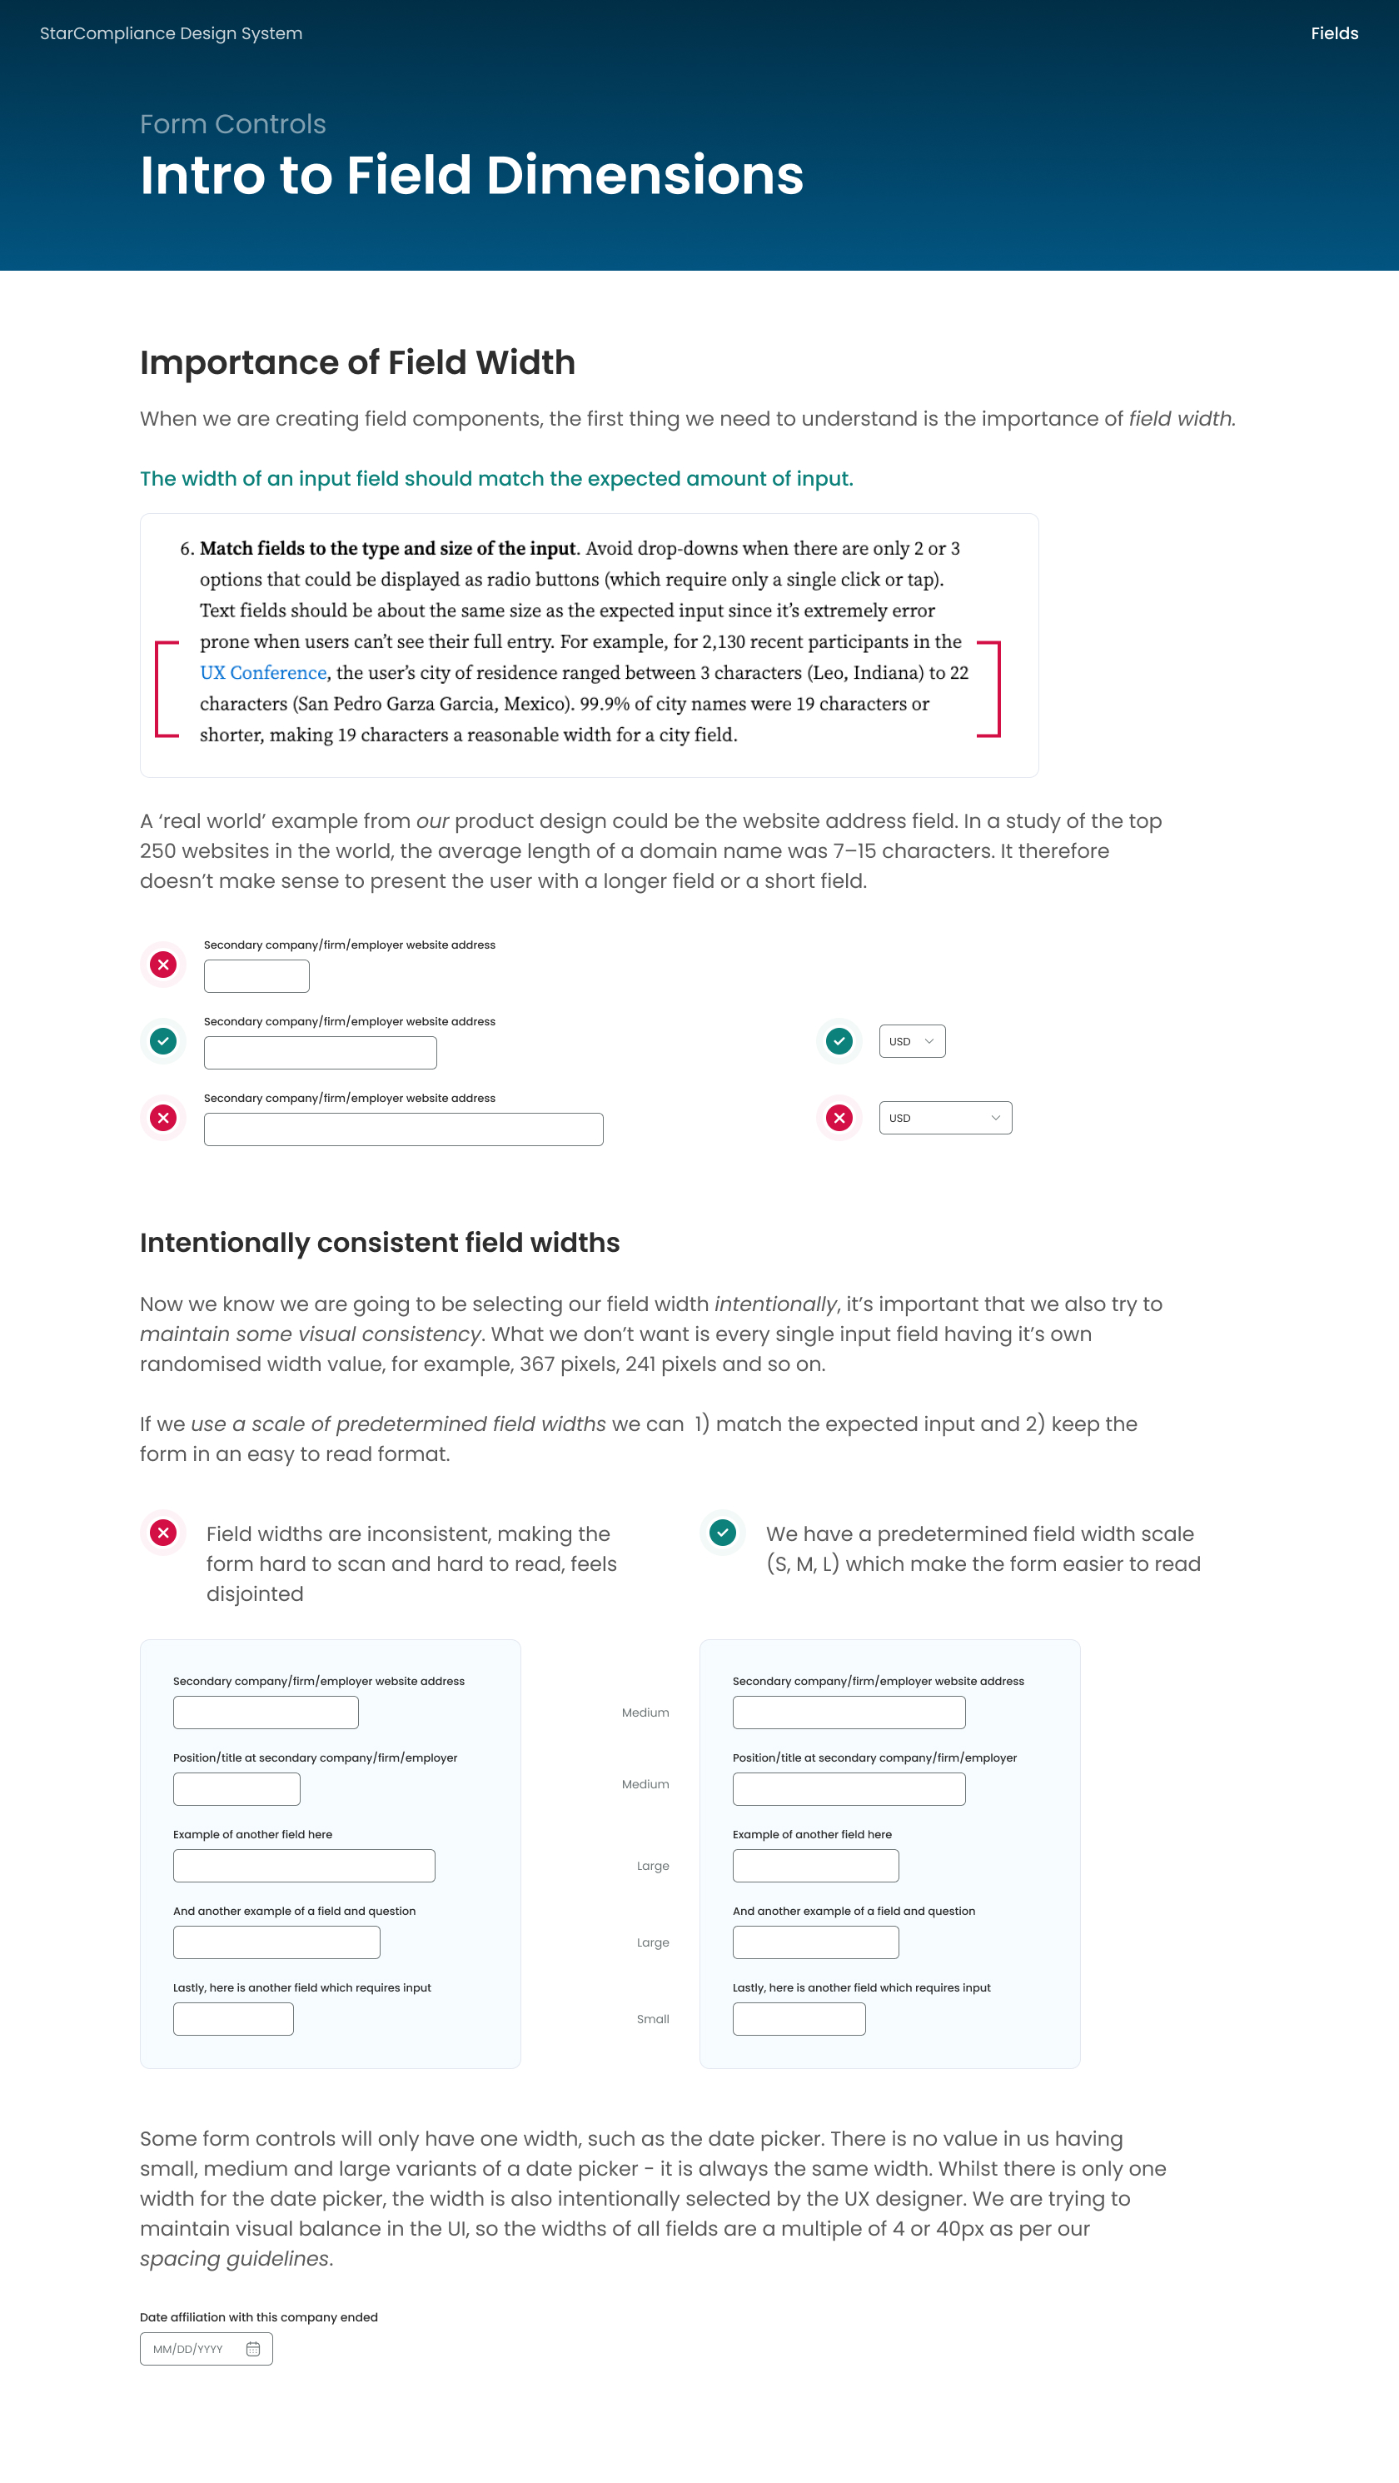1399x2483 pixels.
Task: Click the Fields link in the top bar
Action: (x=1333, y=34)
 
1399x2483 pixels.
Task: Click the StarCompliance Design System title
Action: (x=171, y=34)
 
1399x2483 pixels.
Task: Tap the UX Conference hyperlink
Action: (x=263, y=673)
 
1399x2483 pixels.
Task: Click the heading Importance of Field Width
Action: (x=356, y=362)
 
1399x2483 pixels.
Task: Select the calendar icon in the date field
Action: (x=253, y=2349)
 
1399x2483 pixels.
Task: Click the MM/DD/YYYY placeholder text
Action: (x=188, y=2350)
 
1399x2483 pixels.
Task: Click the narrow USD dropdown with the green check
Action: (x=912, y=1041)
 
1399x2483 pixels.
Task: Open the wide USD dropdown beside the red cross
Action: (x=944, y=1118)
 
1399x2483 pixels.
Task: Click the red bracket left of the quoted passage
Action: (x=161, y=689)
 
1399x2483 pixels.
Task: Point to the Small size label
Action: (x=652, y=2019)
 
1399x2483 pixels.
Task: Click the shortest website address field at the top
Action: (x=256, y=976)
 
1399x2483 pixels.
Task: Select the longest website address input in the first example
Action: (x=403, y=1129)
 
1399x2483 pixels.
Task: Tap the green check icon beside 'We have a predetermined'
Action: (x=723, y=1533)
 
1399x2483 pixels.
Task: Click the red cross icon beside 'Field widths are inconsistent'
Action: (x=164, y=1533)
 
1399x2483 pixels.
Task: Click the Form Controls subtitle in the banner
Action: (x=232, y=124)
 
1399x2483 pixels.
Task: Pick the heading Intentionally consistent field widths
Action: (x=379, y=1243)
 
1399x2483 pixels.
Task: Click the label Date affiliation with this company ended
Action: (x=258, y=2317)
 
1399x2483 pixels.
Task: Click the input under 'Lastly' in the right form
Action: (x=798, y=2019)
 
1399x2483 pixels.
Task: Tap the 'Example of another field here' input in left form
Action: (x=303, y=1866)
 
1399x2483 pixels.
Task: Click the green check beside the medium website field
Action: (x=164, y=1041)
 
